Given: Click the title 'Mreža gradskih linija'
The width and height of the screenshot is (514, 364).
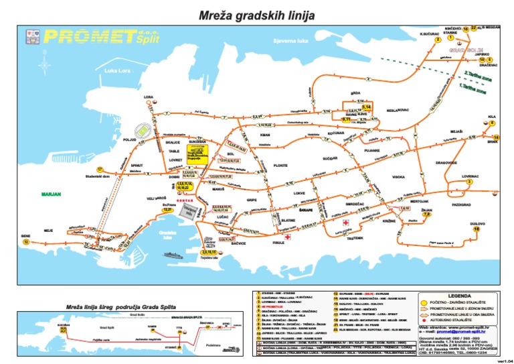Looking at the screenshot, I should point(258,14).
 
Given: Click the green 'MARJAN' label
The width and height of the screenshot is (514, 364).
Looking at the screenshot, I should point(50,195).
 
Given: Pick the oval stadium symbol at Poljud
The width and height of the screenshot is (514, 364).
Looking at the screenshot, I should point(143,128).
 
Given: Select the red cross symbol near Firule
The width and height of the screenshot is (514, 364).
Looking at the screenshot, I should point(287,237).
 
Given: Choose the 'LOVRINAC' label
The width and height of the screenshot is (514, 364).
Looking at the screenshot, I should point(470,176).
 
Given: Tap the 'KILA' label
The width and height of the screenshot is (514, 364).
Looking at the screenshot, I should point(492,116).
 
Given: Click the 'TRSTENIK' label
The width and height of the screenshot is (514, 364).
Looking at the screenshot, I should point(355,238).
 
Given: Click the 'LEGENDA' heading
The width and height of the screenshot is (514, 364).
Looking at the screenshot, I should point(458,294).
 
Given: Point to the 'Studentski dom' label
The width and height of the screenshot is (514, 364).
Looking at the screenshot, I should point(97,176).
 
